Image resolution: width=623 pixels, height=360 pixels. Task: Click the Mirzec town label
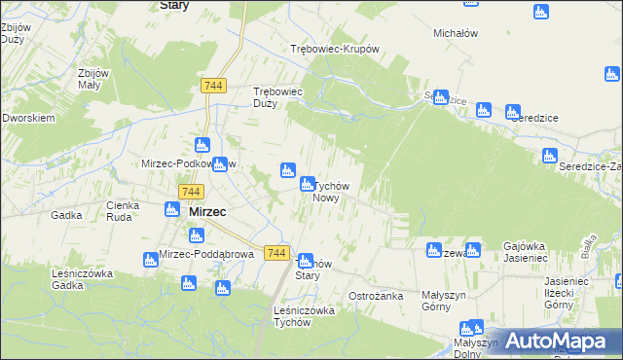click(207, 211)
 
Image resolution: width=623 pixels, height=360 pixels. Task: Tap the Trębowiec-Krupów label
click(334, 49)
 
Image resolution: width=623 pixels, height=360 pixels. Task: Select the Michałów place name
click(455, 32)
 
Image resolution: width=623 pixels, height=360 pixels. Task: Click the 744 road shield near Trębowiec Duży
click(214, 86)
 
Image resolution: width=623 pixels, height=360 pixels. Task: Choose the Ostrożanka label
click(376, 295)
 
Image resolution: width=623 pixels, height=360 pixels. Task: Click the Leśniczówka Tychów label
click(305, 316)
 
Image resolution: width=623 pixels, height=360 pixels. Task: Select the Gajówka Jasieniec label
click(531, 252)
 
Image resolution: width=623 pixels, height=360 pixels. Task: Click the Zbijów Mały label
click(96, 79)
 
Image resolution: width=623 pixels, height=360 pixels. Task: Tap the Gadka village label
click(66, 215)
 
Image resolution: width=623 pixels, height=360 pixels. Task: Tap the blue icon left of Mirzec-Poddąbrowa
click(149, 258)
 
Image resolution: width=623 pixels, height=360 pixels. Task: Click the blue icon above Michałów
click(541, 12)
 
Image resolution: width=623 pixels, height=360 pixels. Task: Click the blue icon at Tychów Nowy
click(308, 183)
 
